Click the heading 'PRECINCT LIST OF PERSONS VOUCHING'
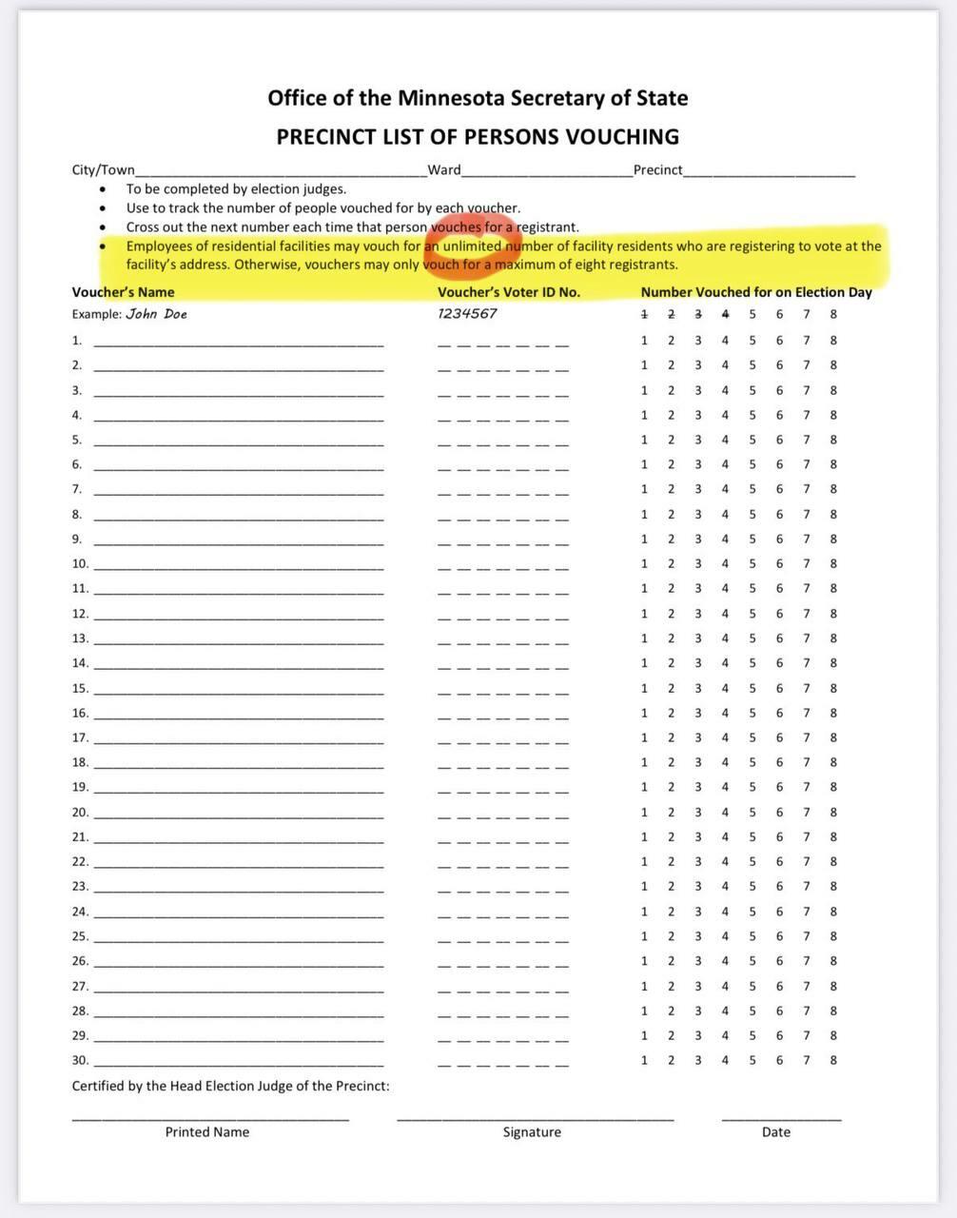[478, 137]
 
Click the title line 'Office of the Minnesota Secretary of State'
[478, 98]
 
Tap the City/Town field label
[104, 170]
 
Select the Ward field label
[444, 170]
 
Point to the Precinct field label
[658, 170]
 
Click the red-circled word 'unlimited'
[472, 246]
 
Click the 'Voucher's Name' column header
[124, 292]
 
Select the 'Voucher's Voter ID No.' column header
[509, 292]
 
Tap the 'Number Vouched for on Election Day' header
[756, 292]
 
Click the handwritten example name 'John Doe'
[157, 314]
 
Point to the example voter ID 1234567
[467, 314]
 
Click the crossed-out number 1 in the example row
[644, 314]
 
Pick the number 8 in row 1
[833, 340]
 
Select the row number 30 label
[80, 1060]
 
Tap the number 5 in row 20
[752, 812]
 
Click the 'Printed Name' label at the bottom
[207, 1132]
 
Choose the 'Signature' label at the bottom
[532, 1132]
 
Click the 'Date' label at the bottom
[776, 1132]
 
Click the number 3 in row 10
[698, 563]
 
